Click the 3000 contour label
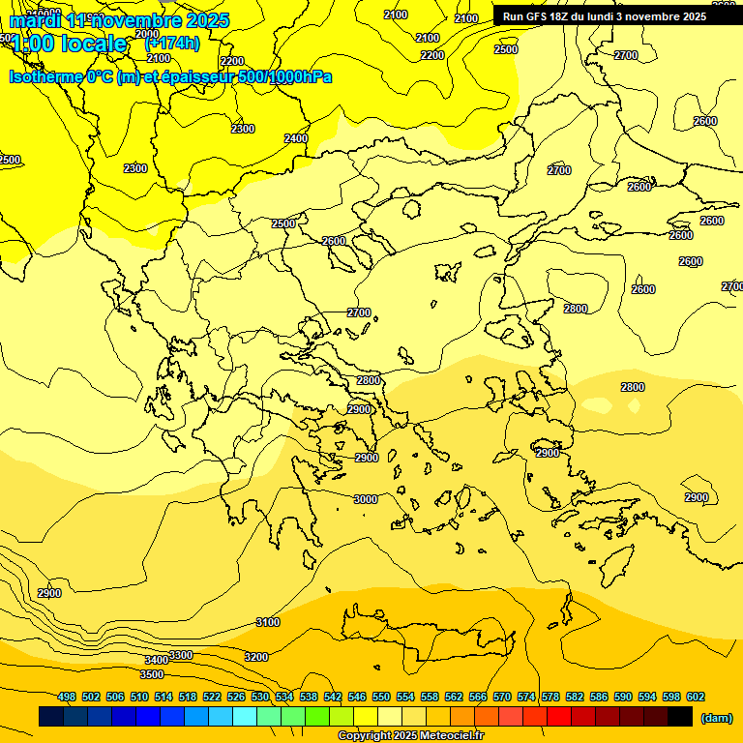(x=365, y=499)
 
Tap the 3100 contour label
(x=268, y=622)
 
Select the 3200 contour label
(x=255, y=657)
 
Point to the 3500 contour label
(x=152, y=674)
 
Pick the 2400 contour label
(x=296, y=138)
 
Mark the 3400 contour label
(x=157, y=661)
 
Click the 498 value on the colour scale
(x=67, y=697)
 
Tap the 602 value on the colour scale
(x=696, y=697)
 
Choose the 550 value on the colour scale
(x=381, y=697)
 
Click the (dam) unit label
(x=716, y=717)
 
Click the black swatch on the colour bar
(x=680, y=717)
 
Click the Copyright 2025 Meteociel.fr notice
(x=410, y=736)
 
